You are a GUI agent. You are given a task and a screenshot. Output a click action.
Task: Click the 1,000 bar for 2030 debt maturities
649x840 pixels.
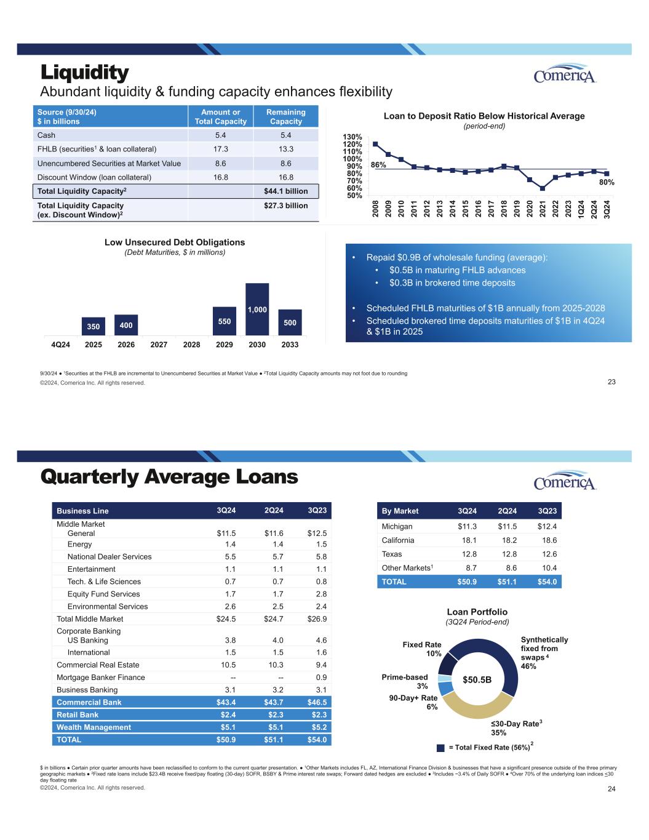click(x=257, y=310)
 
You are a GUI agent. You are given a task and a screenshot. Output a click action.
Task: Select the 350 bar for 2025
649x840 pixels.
click(x=94, y=327)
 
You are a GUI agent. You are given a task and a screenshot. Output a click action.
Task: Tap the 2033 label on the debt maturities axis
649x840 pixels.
click(x=290, y=345)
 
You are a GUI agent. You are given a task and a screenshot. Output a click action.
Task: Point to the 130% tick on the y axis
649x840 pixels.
click(x=352, y=137)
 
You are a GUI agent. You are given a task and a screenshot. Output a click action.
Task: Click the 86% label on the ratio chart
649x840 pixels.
click(x=378, y=165)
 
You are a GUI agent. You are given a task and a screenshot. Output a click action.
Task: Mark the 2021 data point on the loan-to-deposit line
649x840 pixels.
click(x=542, y=188)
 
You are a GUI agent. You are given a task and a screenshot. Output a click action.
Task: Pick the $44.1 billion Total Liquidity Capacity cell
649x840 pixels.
click(x=285, y=191)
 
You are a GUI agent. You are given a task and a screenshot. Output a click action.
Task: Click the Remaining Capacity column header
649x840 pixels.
click(x=285, y=116)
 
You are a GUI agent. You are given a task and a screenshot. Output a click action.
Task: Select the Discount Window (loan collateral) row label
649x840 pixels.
click(x=94, y=177)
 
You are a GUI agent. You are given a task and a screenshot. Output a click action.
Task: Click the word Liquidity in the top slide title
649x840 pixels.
click(x=85, y=73)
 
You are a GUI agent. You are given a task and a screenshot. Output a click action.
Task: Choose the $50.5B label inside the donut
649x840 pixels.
click(x=477, y=679)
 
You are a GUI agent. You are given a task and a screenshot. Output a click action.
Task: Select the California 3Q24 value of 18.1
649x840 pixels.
click(x=467, y=540)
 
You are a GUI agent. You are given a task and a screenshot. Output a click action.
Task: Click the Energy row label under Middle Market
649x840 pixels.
click(x=79, y=544)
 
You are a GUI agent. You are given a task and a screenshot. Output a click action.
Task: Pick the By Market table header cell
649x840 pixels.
click(x=400, y=511)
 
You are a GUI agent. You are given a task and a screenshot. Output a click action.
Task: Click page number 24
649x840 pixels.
click(x=611, y=789)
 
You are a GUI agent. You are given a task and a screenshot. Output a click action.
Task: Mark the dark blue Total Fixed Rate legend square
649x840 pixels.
click(x=440, y=748)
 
